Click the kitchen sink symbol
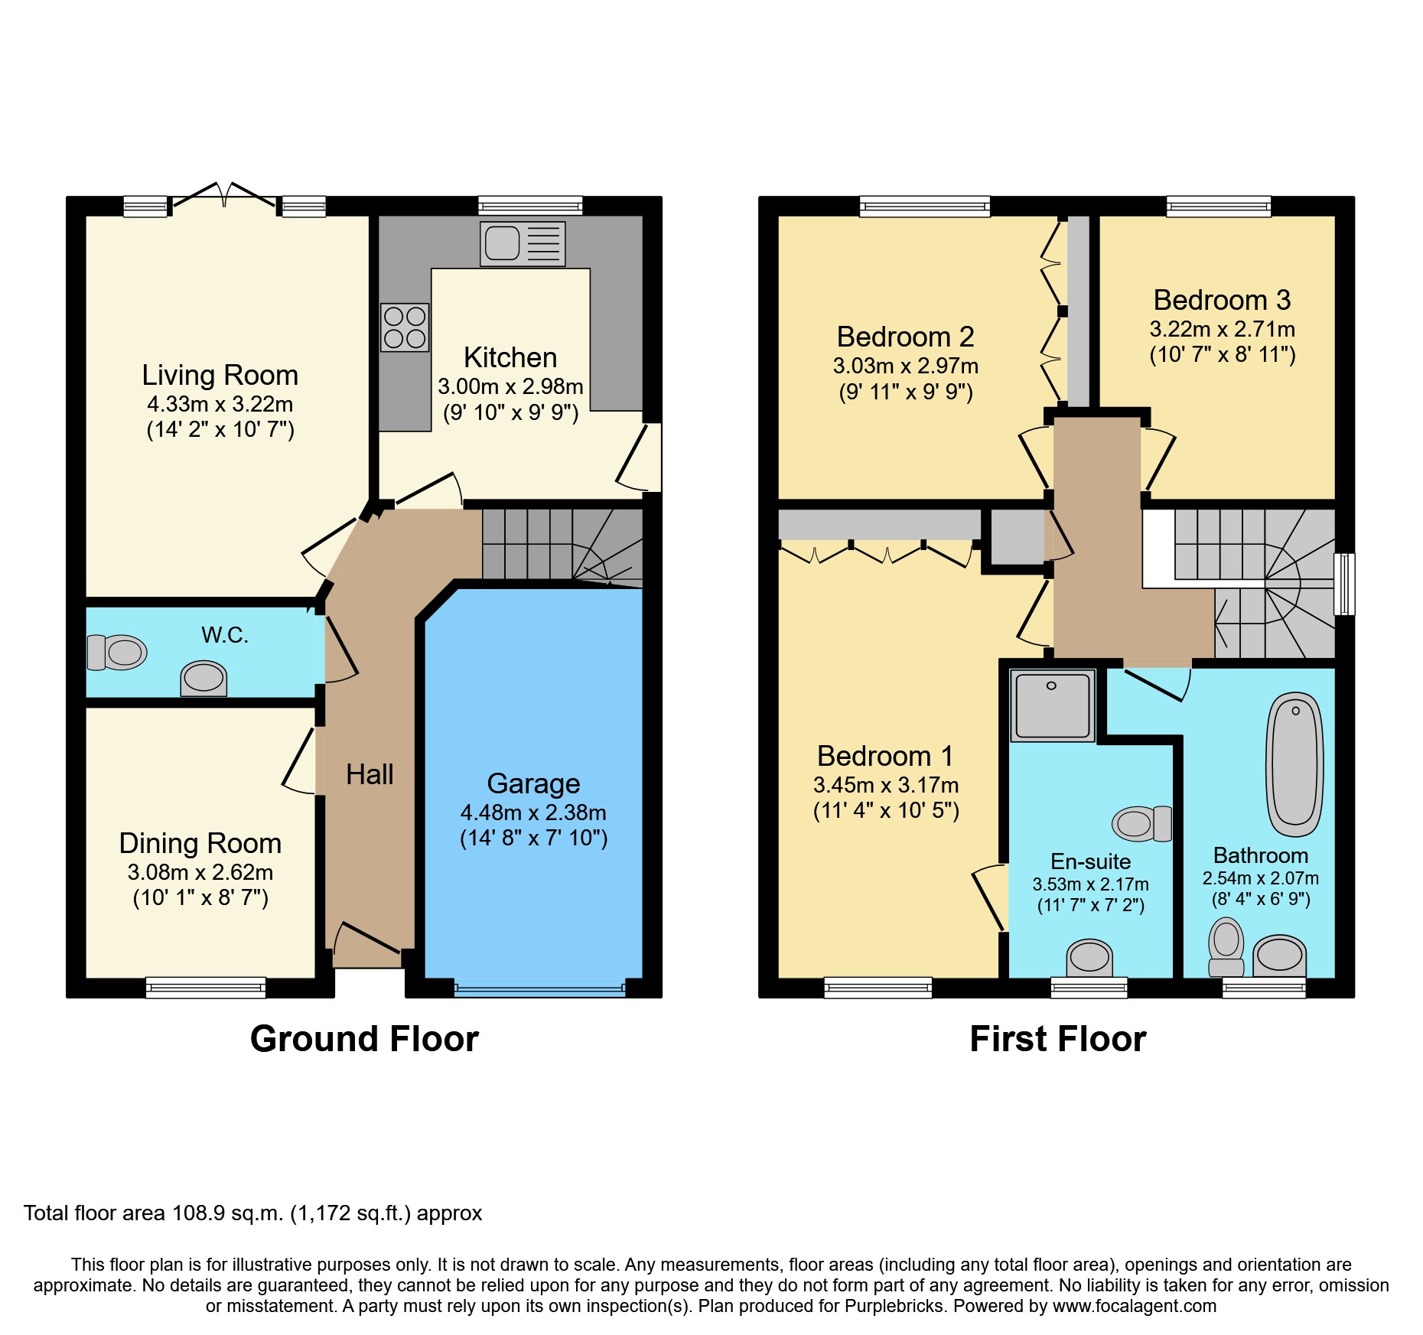[523, 244]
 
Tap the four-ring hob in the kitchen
[405, 327]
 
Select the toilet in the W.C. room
[116, 653]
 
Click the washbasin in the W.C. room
[204, 679]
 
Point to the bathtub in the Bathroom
[1294, 764]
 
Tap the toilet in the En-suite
[1142, 824]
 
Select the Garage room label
[533, 784]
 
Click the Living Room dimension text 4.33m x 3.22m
[220, 404]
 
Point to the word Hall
[370, 775]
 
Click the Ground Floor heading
[364, 1039]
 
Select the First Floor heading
[1058, 1039]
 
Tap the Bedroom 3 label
[1222, 300]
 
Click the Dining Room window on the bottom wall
[206, 988]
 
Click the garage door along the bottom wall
[539, 989]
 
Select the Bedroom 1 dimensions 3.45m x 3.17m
[886, 785]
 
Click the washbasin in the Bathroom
[1279, 956]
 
